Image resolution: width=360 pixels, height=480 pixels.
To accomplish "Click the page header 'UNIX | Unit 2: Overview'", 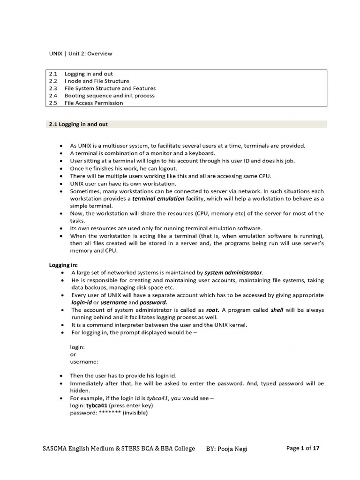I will click(81, 53).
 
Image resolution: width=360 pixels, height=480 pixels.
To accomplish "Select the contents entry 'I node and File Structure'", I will click(97, 81).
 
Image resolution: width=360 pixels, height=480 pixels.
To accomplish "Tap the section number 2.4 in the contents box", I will click(53, 96).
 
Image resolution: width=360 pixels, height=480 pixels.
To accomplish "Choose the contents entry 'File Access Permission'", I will click(94, 103).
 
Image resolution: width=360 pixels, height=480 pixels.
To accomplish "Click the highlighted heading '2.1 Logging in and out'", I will click(79, 124).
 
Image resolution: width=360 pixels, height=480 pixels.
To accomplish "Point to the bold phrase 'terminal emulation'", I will click(155, 199).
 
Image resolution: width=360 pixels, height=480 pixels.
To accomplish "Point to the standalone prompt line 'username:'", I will click(84, 362).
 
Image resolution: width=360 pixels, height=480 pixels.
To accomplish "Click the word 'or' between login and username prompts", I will click(73, 355).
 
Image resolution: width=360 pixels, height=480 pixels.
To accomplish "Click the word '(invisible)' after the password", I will click(135, 413).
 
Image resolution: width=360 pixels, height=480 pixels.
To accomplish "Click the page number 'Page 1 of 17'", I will click(303, 449).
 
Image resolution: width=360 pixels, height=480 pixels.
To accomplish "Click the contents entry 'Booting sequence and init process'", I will click(109, 96).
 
